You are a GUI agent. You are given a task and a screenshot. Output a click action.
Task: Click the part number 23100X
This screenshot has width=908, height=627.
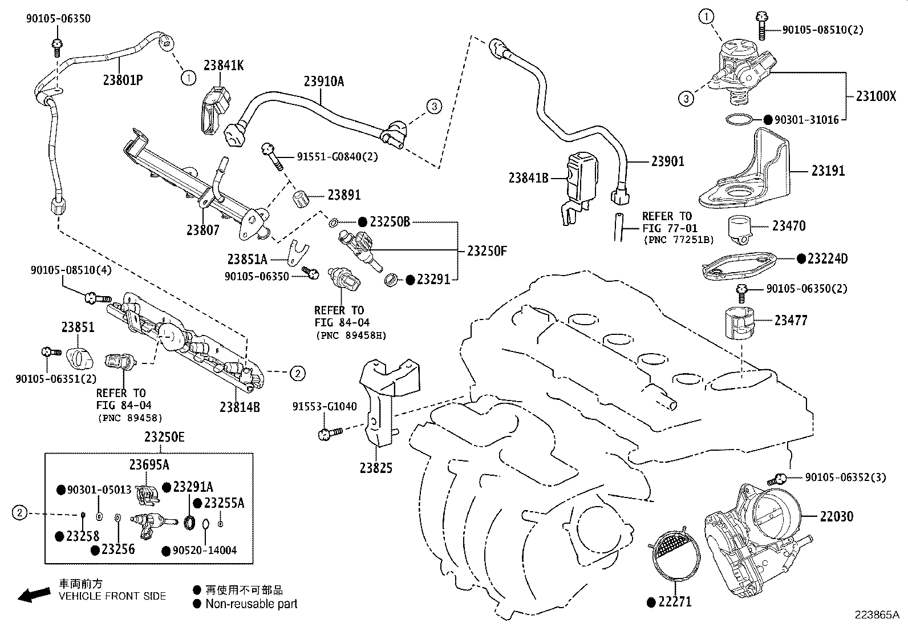coord(875,96)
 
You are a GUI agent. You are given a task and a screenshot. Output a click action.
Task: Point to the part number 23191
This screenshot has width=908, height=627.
coord(828,171)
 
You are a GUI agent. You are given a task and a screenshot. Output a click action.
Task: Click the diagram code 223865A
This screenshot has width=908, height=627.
coord(876,615)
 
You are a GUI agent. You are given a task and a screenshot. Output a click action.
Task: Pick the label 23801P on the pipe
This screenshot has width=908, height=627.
coord(123,80)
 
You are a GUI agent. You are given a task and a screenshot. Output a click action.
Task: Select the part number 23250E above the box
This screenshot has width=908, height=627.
coord(164,437)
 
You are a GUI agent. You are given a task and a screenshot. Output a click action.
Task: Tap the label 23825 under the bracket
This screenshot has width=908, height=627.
coord(376,468)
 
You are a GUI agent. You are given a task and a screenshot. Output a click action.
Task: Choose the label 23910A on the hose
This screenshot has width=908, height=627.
coord(323,81)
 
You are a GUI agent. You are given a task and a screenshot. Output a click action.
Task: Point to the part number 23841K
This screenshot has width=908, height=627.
coord(224,66)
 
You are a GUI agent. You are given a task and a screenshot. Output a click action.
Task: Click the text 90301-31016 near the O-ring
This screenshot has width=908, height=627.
coord(807,120)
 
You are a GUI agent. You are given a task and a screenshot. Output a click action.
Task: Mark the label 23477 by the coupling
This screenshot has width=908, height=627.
coord(791,320)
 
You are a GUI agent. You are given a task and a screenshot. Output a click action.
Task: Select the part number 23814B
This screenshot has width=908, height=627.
coord(240,407)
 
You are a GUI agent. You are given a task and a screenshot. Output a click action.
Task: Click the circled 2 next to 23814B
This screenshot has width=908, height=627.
coord(298,374)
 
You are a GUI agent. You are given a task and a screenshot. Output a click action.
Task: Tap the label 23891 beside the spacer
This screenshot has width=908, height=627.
coord(344,195)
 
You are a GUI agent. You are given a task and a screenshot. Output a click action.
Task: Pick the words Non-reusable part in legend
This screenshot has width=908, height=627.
coord(252,604)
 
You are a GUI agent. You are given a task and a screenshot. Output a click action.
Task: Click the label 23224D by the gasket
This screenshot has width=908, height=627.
coord(827,259)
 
